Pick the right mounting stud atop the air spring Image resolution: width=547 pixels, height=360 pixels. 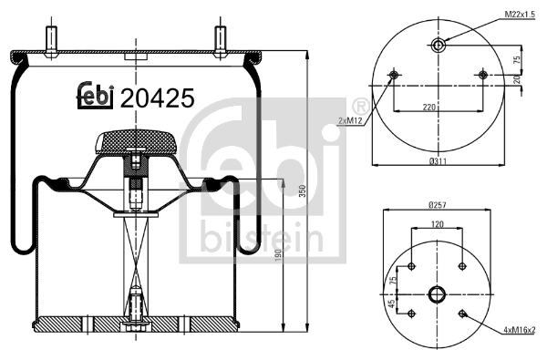point(220,42)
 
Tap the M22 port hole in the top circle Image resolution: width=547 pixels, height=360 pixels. point(438,46)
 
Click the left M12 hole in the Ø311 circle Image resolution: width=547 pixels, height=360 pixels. point(393,74)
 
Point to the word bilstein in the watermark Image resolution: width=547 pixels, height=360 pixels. point(255,239)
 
